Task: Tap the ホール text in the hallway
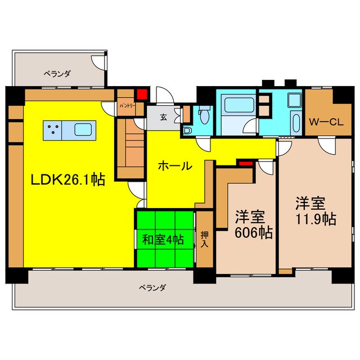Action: [x=175, y=166]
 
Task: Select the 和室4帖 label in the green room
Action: [x=163, y=239]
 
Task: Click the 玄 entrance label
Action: [x=163, y=118]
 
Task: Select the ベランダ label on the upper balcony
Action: [x=58, y=73]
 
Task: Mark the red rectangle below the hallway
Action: [x=245, y=164]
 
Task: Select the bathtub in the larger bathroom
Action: [x=232, y=105]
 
